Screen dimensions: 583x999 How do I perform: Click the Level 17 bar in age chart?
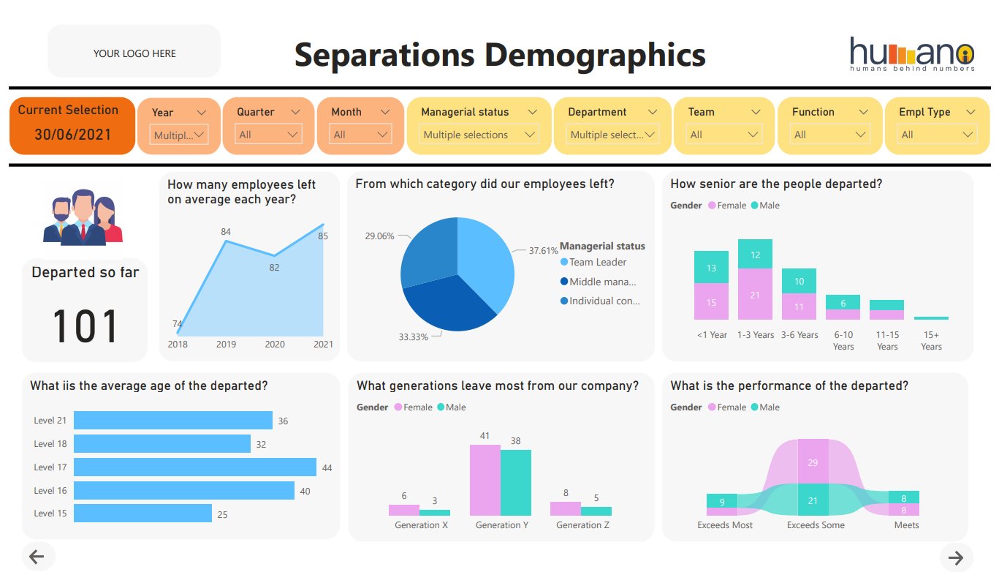(x=194, y=467)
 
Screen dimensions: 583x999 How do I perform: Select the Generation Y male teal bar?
(x=515, y=483)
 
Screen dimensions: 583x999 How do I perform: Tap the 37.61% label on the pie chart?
(x=543, y=250)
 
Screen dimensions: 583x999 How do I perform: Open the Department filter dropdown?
(x=613, y=135)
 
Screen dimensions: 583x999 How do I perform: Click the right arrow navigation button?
(x=956, y=557)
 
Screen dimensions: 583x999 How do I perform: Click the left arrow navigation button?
(x=37, y=557)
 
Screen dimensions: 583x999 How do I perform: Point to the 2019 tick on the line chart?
(x=226, y=344)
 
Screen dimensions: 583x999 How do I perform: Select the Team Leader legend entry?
(x=598, y=262)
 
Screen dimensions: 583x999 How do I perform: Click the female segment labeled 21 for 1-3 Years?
(x=755, y=295)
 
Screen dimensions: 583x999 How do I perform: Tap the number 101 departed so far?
(x=85, y=326)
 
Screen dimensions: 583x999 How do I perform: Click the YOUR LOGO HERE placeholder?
(x=134, y=53)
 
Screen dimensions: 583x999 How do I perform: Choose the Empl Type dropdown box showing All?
(x=938, y=135)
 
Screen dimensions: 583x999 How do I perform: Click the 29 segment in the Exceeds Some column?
(x=813, y=462)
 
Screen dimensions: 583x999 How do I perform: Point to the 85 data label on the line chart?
(x=323, y=236)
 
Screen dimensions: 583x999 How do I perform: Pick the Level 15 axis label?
(x=50, y=514)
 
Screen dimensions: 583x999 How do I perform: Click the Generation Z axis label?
(x=582, y=525)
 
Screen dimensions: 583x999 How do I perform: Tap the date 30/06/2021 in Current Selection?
(x=72, y=135)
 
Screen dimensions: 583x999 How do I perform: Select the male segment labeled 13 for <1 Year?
(x=711, y=268)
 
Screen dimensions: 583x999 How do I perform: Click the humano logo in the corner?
(x=911, y=54)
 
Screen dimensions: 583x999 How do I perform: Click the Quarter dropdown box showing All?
(x=269, y=135)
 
